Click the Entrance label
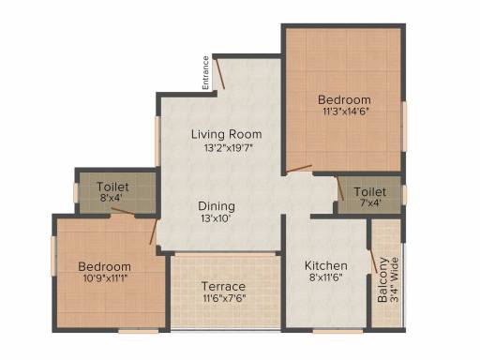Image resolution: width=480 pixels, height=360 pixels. coord(205,73)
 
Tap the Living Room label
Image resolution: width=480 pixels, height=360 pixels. coord(227,134)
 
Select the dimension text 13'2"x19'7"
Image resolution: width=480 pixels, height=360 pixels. coord(228,147)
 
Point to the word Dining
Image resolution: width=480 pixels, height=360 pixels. coord(217,207)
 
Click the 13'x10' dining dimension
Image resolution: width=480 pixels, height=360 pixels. coord(217,218)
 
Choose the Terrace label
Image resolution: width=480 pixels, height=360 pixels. coord(223,286)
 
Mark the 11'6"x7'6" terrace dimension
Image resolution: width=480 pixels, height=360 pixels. coord(224,298)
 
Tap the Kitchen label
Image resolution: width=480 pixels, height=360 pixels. coord(326,265)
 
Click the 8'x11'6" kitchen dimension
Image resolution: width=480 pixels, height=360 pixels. coord(326,277)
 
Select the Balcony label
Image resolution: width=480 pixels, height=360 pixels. coord(382,279)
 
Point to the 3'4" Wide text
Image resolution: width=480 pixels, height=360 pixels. coord(395,279)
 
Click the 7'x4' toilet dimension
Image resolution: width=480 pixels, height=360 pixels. coord(370,203)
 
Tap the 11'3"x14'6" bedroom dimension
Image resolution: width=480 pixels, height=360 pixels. coord(346,112)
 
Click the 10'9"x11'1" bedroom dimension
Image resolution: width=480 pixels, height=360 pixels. coord(105,278)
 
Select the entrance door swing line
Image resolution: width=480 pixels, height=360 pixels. coord(219,73)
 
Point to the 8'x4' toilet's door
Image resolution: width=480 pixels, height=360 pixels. coord(124,211)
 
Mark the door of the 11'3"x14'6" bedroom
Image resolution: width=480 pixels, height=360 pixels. coord(299,169)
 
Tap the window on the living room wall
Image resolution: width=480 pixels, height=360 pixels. coord(157,142)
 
